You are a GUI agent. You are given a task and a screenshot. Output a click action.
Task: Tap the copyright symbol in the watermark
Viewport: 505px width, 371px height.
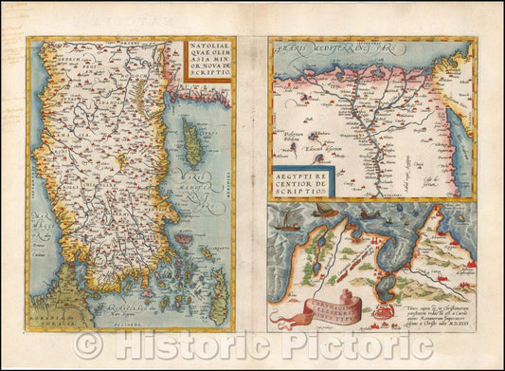click(x=89, y=344)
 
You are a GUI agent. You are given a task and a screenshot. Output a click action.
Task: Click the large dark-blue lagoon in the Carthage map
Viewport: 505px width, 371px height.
click(x=379, y=246)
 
